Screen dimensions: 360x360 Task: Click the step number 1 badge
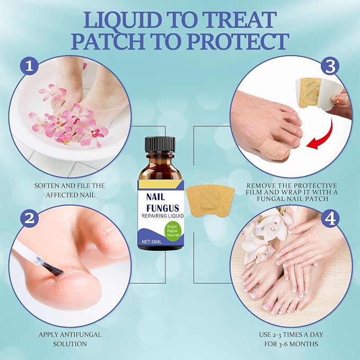29,66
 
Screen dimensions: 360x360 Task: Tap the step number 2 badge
29,217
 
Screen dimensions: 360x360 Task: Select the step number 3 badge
330,66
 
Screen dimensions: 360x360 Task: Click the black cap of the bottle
160,146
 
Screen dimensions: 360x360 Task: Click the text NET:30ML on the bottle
152,242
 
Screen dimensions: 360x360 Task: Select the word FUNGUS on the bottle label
162,208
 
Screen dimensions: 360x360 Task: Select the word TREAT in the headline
238,20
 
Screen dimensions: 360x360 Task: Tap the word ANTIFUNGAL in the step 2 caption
80,335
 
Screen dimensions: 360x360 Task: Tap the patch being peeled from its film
309,92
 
